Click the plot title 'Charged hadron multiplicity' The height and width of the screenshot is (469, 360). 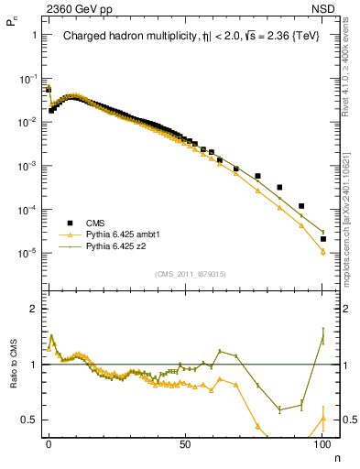[122, 37]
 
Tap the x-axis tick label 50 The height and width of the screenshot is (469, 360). [185, 442]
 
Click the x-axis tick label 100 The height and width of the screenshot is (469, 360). [322, 442]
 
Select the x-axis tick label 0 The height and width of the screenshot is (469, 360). [49, 442]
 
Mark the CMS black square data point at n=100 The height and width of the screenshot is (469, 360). [322, 239]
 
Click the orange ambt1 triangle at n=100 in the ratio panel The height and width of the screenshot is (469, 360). [322, 419]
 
